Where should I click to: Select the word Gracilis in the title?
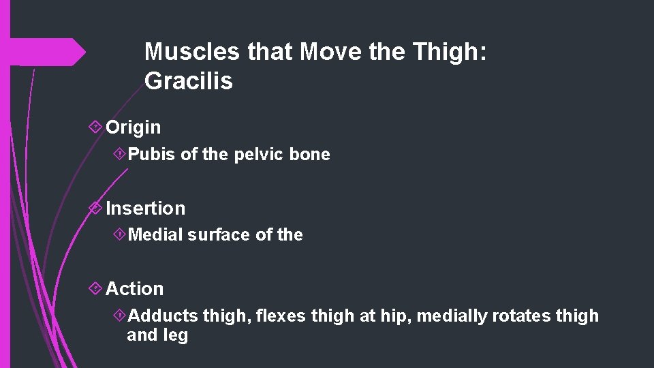[189, 81]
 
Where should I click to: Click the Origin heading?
[134, 127]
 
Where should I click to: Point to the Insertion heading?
[145, 208]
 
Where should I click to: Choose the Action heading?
[135, 289]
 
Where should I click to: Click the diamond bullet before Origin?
[96, 127]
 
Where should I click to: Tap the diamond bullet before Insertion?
[96, 208]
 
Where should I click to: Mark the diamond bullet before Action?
[96, 289]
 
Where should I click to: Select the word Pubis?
[152, 155]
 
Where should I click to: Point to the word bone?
[309, 155]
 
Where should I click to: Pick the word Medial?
[155, 235]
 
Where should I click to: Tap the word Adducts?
[163, 316]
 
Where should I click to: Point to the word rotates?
[520, 316]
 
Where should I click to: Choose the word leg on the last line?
[176, 335]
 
